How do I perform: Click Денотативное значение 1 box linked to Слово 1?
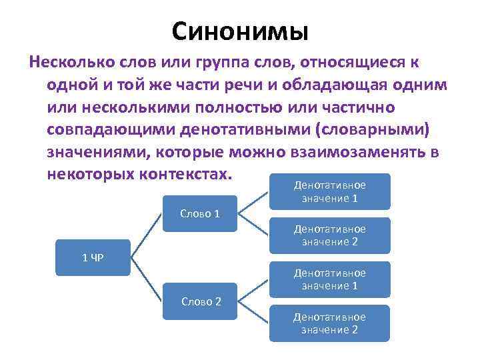click(x=329, y=191)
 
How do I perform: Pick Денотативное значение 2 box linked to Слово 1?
click(x=329, y=235)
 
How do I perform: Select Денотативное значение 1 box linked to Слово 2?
click(x=329, y=279)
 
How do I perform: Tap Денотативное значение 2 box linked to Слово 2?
click(x=329, y=323)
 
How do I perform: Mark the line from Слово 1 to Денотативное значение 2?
click(x=253, y=225)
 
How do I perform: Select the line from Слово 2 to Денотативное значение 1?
click(x=253, y=290)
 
